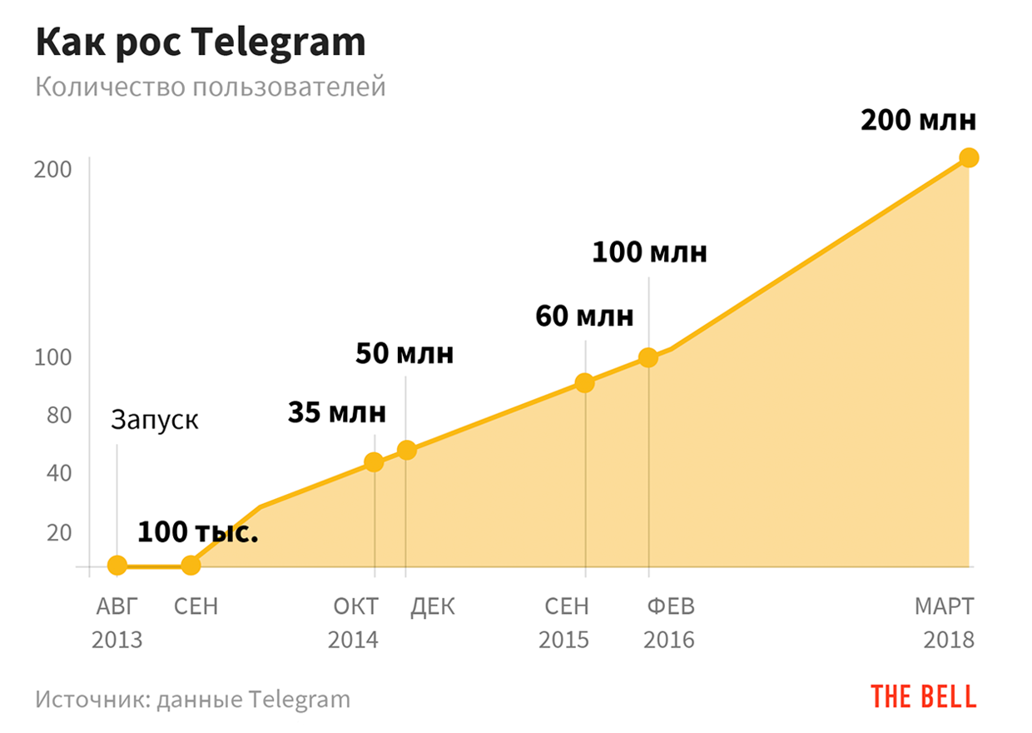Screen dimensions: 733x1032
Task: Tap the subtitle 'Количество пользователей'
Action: click(211, 86)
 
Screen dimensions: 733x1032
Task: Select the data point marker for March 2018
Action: click(968, 157)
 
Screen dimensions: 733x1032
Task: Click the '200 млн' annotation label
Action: click(918, 121)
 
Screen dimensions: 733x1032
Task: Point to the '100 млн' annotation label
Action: click(649, 252)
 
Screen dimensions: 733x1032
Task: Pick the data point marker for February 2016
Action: click(648, 357)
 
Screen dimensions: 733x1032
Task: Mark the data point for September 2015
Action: click(585, 383)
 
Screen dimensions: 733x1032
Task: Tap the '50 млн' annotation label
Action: click(404, 353)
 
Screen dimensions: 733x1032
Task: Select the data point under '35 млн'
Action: click(375, 462)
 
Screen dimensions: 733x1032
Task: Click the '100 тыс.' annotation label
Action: click(197, 531)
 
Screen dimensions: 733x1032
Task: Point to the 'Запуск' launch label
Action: click(155, 419)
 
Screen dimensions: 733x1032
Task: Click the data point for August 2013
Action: click(117, 566)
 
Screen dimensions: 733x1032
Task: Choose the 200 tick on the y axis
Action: click(52, 169)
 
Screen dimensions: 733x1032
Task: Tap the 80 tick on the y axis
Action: click(56, 415)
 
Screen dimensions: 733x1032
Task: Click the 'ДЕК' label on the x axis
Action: click(433, 606)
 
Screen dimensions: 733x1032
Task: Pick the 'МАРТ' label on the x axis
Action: click(944, 606)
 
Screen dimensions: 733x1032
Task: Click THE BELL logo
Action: click(923, 696)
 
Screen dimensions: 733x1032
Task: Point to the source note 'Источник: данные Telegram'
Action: click(193, 698)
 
